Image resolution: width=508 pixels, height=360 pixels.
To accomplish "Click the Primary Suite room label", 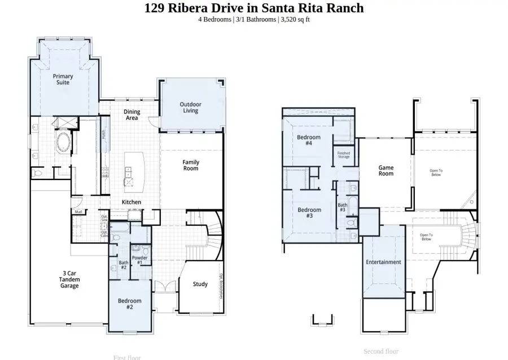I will click(63, 80).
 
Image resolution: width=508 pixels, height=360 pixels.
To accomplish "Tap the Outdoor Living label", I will click(190, 107).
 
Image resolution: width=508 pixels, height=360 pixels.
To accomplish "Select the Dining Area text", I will click(132, 115).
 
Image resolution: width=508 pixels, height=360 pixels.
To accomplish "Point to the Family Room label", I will click(191, 165).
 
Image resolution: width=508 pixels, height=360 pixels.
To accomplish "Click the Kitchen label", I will click(132, 202).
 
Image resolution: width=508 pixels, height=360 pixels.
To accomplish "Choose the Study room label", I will click(200, 284).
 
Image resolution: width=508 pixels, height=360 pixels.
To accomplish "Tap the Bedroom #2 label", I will click(129, 304).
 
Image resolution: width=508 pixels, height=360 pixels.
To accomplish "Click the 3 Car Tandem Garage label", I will click(70, 279).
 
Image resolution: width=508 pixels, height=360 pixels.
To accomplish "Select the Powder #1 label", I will click(139, 261).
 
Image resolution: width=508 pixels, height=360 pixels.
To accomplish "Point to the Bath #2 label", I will click(124, 265).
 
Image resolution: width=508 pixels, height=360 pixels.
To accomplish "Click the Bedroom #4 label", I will click(309, 141).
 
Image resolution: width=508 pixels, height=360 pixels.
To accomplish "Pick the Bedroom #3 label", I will click(309, 213).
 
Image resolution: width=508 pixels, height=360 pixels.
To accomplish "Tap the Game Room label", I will click(386, 170).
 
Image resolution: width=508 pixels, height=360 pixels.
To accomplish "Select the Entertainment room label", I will click(383, 262).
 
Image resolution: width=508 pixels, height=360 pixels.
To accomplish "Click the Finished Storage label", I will click(344, 155).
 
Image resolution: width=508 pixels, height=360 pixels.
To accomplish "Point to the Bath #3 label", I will click(343, 208).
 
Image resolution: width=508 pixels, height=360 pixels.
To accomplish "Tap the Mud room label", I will click(78, 212).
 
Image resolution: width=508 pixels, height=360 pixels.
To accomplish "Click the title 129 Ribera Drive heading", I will click(254, 8).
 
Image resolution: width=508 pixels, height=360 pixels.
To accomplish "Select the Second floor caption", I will click(381, 351).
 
